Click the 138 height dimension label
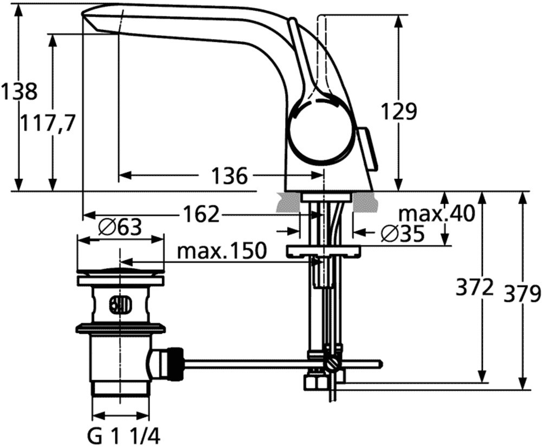click(x=19, y=92)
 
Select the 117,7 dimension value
click(x=47, y=124)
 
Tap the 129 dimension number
click(x=399, y=111)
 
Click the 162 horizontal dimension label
click(x=201, y=214)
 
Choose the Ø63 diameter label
click(x=120, y=228)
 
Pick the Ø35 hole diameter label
click(x=403, y=234)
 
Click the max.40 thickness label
click(x=437, y=214)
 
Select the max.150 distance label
click(x=222, y=251)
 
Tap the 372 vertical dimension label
click(x=474, y=287)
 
